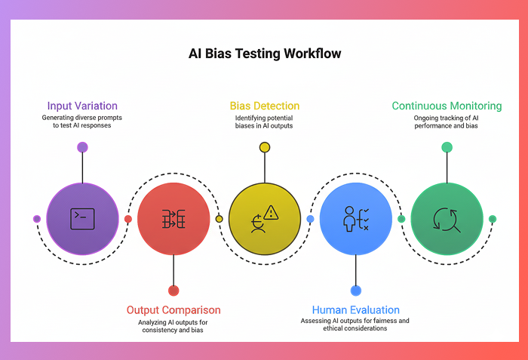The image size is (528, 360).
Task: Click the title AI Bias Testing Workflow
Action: coord(264,54)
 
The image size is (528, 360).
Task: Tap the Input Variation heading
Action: coord(82,106)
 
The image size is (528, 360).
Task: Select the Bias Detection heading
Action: coord(264,106)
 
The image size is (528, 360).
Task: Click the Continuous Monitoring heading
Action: coord(447,106)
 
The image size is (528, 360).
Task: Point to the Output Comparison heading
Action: coord(173,309)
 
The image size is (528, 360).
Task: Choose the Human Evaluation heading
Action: coord(355,309)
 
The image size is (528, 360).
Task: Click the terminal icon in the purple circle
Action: coord(82,219)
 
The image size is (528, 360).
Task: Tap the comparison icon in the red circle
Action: coord(173,219)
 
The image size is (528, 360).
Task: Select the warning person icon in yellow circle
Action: coord(264,219)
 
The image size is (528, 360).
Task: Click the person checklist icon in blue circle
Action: coord(355,219)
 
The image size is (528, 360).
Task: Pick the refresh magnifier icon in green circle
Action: coord(447,219)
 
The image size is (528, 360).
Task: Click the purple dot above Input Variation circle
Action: coord(82,147)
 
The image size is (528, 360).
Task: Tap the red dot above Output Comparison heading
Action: coord(173,291)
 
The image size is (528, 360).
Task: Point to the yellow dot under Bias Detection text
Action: coord(264,147)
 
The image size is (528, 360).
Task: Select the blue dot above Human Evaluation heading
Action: coord(355,291)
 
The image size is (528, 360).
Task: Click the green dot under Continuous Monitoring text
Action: coord(447,147)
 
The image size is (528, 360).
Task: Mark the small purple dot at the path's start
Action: coord(37,219)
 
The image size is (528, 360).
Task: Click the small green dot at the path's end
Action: coord(493,219)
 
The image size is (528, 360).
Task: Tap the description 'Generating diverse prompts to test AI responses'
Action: coord(82,122)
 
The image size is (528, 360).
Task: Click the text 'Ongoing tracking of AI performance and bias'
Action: coord(447,122)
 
